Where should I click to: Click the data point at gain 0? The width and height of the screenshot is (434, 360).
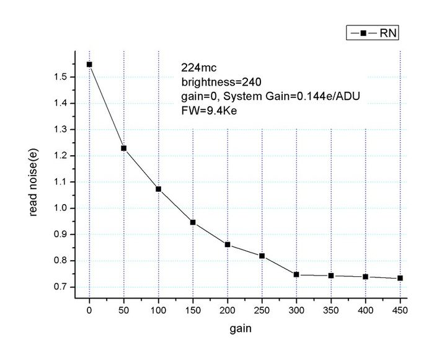pos(89,64)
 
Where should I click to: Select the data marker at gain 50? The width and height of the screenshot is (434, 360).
pos(124,148)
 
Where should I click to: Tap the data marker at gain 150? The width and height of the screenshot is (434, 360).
pos(193,222)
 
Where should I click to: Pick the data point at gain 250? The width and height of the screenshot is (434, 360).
pos(262,256)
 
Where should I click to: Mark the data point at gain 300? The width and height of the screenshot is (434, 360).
pos(297,274)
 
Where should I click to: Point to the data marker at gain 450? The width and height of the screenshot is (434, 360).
pos(401,278)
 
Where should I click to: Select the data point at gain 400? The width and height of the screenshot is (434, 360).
pos(366,277)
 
